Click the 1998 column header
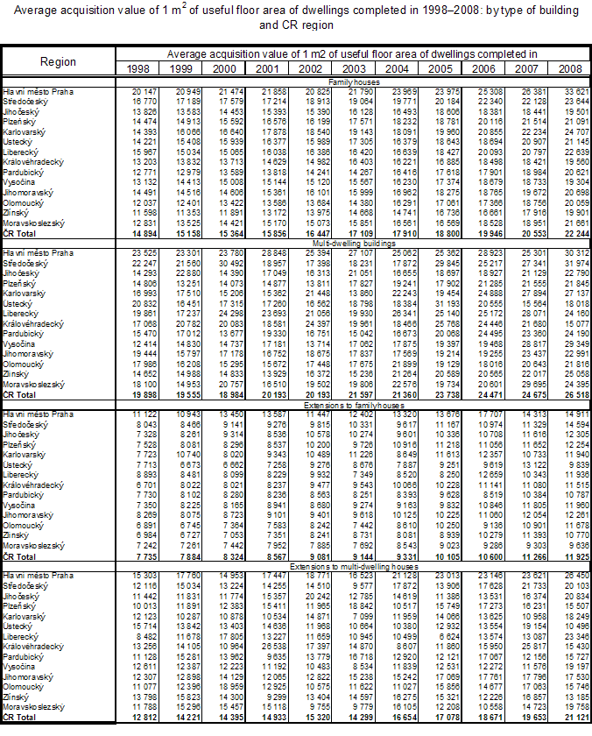[x=137, y=67]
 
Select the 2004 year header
[x=396, y=67]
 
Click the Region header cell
[x=59, y=61]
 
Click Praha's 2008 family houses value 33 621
[x=569, y=90]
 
